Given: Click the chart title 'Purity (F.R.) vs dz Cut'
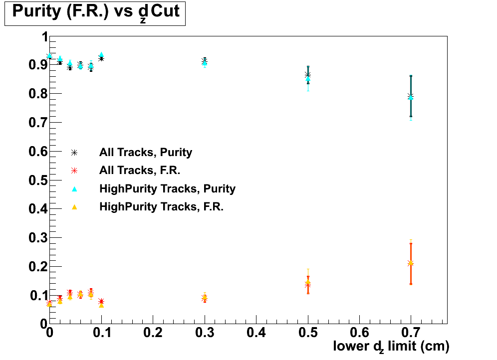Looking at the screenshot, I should click(x=95, y=12).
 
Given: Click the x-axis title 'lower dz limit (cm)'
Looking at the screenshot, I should click(x=391, y=346).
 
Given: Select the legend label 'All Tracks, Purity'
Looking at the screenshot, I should click(x=146, y=152).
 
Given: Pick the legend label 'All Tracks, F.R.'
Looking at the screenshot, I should click(x=140, y=170).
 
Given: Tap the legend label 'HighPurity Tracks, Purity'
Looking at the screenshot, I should click(x=167, y=188).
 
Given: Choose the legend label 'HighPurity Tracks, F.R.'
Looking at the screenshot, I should click(x=161, y=206).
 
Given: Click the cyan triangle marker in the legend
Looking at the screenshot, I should click(x=74, y=188).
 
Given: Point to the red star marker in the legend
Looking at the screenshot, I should click(x=74, y=171).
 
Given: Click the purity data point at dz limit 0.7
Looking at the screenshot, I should click(x=410, y=96).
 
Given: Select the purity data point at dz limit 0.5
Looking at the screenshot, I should click(x=308, y=76).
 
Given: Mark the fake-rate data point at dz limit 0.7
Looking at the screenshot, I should click(x=410, y=263).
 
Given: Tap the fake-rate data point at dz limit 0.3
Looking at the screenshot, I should click(x=205, y=298).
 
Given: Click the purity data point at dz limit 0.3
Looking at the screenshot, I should click(x=205, y=62).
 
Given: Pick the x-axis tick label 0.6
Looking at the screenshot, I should click(x=359, y=332).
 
